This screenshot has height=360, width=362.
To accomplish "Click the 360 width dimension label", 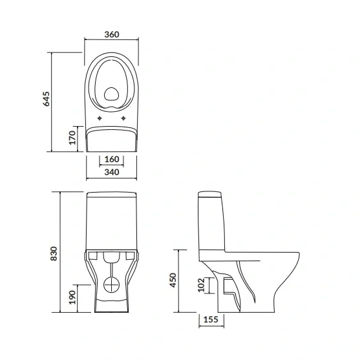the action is pos(112,34).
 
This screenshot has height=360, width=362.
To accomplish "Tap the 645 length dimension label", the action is pos(46,99).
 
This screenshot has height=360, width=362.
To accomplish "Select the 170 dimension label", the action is pos(72,138).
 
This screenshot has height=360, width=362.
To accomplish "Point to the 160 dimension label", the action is pos(112,159).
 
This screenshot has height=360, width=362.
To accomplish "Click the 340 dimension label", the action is pos(112,172).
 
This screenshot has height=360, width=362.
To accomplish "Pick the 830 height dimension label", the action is pos(54,253).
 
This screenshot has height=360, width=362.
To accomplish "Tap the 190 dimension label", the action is pos(72,297).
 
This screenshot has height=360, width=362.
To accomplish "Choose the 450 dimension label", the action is pos(173,280).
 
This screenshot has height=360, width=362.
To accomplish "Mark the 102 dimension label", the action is pos(201,285).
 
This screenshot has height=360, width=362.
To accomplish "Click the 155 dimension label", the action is pos(211,320).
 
